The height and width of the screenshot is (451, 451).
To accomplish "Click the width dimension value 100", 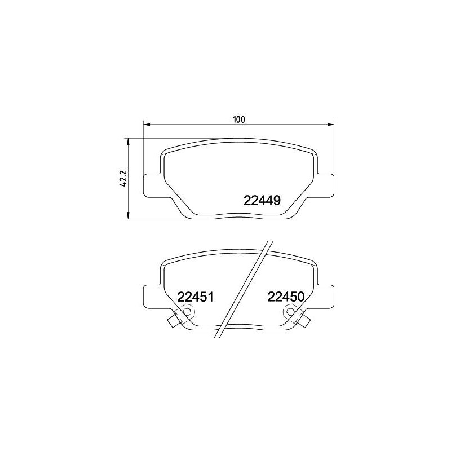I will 239,119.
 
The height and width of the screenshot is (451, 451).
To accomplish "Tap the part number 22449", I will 262,200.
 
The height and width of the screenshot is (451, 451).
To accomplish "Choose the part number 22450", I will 286,297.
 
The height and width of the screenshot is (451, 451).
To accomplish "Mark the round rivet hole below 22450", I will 290,311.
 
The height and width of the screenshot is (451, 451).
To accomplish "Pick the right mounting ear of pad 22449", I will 325,185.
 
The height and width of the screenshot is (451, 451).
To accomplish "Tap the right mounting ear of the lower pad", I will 325,294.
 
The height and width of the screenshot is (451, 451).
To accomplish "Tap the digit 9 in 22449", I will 277,200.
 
